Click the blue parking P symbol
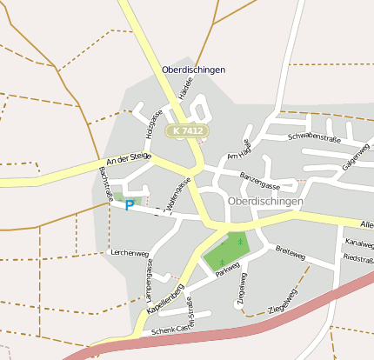[130, 206]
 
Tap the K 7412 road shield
[188, 130]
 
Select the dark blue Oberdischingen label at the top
[193, 70]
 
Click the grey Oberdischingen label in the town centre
[265, 201]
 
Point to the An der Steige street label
[128, 159]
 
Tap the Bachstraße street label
[106, 184]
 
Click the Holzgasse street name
[153, 123]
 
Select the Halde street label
[184, 87]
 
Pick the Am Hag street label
[238, 149]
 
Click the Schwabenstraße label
[313, 137]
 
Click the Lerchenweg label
[130, 253]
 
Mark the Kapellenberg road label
[165, 298]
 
